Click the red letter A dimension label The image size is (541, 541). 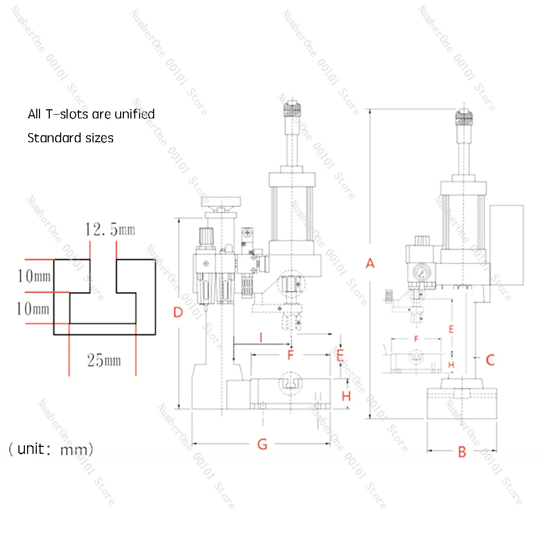(x=370, y=263)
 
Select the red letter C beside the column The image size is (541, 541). (x=490, y=360)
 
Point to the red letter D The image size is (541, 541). (x=178, y=312)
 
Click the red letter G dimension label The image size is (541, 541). (x=262, y=444)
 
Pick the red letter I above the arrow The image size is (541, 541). (x=261, y=338)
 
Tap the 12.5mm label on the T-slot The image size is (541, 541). (x=110, y=230)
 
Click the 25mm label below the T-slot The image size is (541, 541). (x=104, y=360)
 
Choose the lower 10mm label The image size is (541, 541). (x=34, y=309)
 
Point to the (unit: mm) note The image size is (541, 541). (x=51, y=449)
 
